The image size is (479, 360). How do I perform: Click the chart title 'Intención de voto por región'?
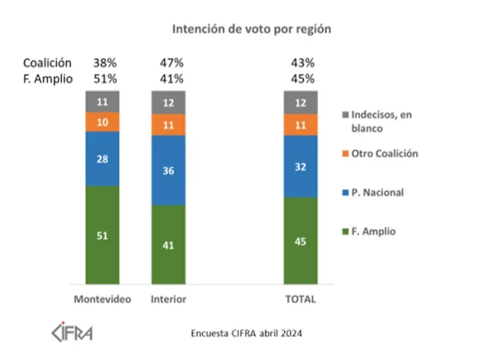(x=252, y=29)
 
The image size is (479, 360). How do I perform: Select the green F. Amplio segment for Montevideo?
(x=102, y=235)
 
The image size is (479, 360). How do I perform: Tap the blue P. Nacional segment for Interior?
(x=168, y=170)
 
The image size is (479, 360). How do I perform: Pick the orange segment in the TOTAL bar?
(x=300, y=125)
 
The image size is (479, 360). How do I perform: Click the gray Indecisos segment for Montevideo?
(x=102, y=101)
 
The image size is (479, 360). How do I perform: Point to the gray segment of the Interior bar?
(x=168, y=102)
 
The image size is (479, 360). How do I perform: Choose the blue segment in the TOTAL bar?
(x=300, y=166)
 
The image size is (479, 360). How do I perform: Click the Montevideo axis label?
(x=102, y=300)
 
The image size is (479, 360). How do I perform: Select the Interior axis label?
(x=168, y=300)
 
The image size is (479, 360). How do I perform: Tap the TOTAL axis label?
(x=300, y=300)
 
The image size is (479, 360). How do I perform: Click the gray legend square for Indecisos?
(x=346, y=115)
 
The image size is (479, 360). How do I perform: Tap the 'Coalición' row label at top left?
(x=47, y=63)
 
